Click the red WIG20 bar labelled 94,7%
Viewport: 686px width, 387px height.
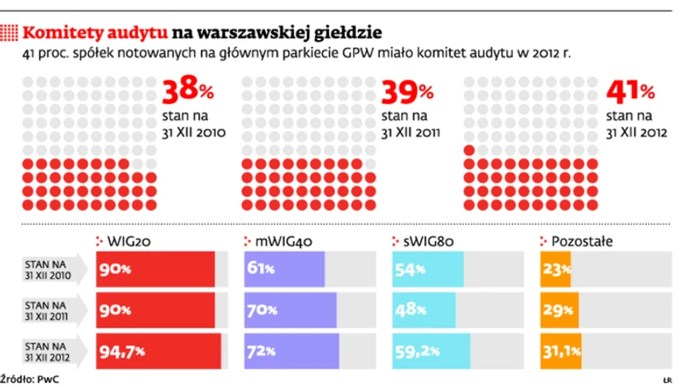pos(159,350)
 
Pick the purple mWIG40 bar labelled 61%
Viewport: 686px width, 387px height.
pos(285,269)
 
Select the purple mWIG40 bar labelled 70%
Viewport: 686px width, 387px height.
pos(291,309)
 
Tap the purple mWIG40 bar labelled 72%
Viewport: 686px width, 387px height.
pos(291,350)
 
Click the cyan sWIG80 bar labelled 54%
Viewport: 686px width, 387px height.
pos(428,269)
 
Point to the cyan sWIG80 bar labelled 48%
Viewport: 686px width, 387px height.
pos(424,309)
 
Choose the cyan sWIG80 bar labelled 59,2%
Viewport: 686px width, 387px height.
pos(432,350)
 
